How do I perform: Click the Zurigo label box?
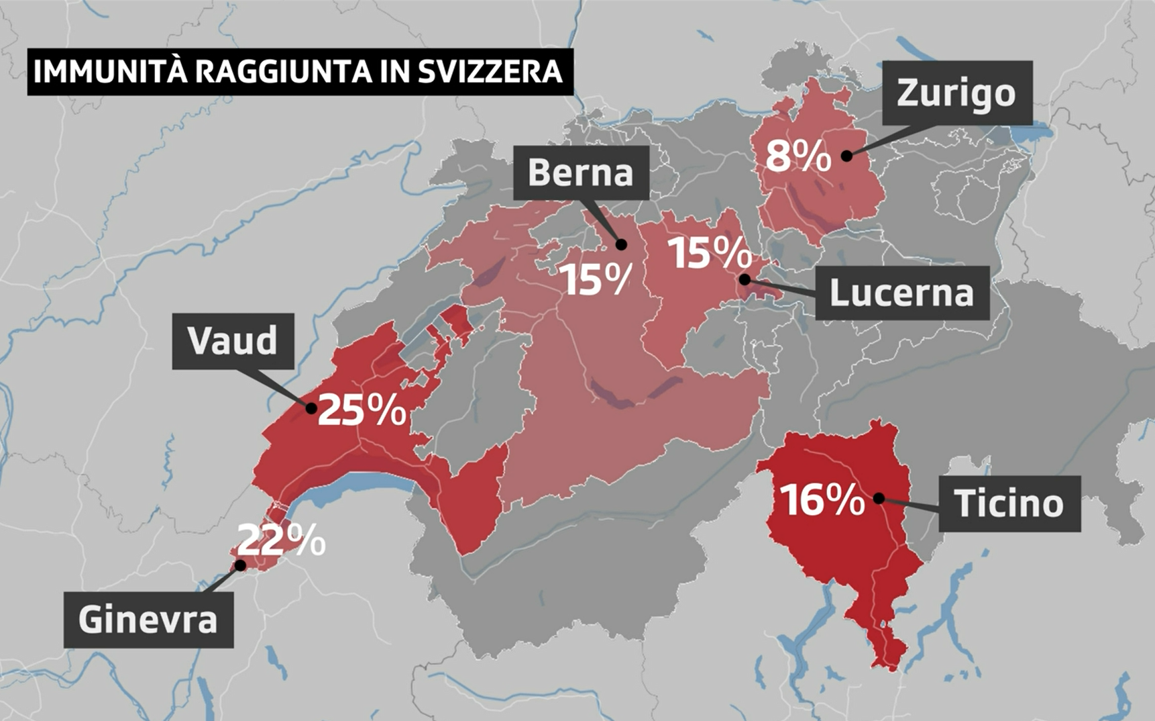click(956, 93)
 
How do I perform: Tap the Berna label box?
click(581, 173)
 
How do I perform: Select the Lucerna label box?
click(901, 293)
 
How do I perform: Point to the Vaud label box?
click(233, 341)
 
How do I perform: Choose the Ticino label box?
click(1009, 503)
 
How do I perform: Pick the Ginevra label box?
click(148, 619)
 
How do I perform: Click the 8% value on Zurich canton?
click(797, 156)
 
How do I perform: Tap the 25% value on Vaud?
click(362, 410)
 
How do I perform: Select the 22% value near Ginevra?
click(282, 539)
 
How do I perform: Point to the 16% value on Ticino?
click(822, 500)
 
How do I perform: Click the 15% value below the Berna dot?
click(596, 279)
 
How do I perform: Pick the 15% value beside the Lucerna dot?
click(709, 253)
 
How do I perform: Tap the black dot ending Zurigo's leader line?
click(847, 156)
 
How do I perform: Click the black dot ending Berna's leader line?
click(621, 244)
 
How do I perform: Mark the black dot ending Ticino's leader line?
click(879, 498)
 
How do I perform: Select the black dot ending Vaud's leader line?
click(311, 407)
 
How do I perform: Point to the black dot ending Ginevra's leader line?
click(240, 565)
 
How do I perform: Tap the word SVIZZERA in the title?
click(490, 72)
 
